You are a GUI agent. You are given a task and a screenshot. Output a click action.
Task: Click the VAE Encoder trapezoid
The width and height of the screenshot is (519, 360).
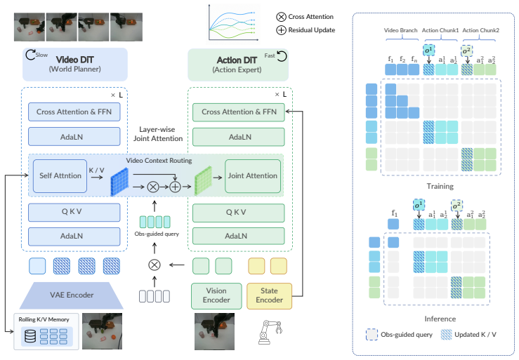pyautogui.click(x=72, y=295)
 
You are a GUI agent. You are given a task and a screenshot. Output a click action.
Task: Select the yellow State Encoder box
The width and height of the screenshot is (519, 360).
pyautogui.click(x=270, y=296)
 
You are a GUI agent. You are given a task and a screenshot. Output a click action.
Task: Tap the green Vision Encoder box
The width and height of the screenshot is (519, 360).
pyautogui.click(x=216, y=296)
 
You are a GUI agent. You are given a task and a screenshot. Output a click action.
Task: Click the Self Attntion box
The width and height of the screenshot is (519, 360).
pyautogui.click(x=60, y=176)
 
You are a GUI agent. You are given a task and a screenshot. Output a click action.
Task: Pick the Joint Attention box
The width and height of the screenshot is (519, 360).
pyautogui.click(x=253, y=176)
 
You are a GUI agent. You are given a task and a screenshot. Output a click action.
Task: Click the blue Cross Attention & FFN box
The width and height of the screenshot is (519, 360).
pyautogui.click(x=74, y=112)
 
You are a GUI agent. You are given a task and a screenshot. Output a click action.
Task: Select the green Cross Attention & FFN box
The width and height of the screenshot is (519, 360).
pyautogui.click(x=239, y=112)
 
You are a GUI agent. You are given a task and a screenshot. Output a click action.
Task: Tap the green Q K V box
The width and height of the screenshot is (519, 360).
pyautogui.click(x=239, y=213)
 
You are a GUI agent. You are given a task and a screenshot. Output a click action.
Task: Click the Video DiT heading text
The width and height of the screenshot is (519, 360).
pyautogui.click(x=75, y=60)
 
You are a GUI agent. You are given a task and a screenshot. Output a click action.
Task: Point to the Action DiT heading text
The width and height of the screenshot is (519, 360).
pyautogui.click(x=237, y=60)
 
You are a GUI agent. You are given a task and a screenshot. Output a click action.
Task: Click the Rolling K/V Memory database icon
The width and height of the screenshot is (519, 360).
pyautogui.click(x=30, y=336)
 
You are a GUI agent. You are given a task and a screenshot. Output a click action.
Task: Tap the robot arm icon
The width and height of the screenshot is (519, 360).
pyautogui.click(x=270, y=332)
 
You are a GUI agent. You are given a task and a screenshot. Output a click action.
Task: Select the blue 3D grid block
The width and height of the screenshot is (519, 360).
pyautogui.click(x=119, y=182)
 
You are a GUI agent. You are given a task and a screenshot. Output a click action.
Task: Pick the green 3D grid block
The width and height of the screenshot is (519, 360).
pyautogui.click(x=203, y=180)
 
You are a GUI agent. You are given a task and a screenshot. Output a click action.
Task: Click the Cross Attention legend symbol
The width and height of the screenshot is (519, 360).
pyautogui.click(x=281, y=17)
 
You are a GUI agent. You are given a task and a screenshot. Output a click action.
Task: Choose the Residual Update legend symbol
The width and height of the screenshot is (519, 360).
pyautogui.click(x=281, y=30)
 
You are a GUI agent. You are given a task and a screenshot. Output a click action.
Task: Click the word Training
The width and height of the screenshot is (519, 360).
pyautogui.click(x=440, y=186)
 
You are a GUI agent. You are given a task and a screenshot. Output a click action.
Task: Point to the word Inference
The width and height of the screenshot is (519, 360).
pyautogui.click(x=440, y=319)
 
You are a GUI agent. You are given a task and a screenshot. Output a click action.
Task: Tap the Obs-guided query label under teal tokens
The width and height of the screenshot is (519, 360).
pyautogui.click(x=157, y=234)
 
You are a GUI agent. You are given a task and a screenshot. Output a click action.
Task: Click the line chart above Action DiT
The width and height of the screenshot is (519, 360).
pyautogui.click(x=233, y=23)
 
